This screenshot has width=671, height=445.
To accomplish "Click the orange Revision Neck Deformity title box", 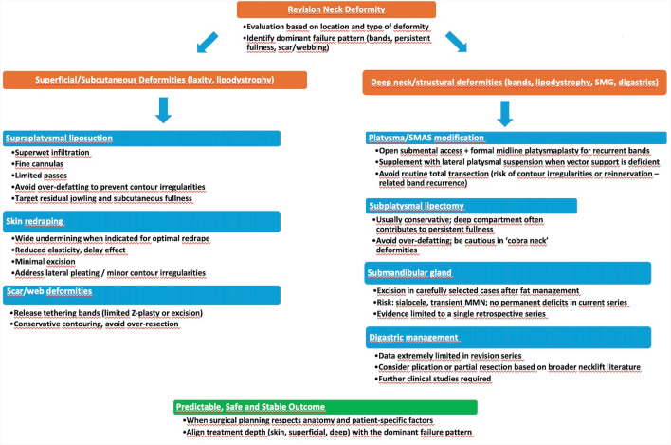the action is [x=336, y=9].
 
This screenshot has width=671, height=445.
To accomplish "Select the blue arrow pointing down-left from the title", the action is [x=208, y=43].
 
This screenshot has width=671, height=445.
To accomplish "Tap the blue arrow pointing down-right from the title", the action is [x=456, y=42].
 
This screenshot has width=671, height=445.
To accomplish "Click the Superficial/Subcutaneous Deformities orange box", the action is [x=154, y=80].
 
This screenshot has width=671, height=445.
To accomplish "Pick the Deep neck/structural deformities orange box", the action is [x=515, y=83].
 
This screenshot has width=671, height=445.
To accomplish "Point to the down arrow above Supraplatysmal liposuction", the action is [x=163, y=110].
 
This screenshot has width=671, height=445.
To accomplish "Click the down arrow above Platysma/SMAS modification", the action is [x=505, y=114].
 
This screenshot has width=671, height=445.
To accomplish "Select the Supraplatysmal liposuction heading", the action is [x=141, y=139].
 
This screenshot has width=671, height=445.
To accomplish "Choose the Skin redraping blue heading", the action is [x=141, y=221].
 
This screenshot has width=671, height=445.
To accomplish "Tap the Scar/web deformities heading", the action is [x=141, y=294].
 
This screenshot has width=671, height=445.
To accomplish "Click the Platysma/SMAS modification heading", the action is [x=517, y=138].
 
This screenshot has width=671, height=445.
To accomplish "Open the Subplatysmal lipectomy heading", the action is [x=471, y=206].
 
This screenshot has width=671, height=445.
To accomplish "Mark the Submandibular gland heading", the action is [x=508, y=273].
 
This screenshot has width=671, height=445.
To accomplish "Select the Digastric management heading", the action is [x=508, y=338].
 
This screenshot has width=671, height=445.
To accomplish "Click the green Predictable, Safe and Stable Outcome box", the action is [x=325, y=407].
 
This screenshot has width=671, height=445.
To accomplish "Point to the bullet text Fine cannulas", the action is [x=38, y=164].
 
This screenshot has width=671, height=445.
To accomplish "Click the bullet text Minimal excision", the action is [x=44, y=262].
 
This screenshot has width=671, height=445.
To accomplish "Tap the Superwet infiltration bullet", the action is [x=50, y=153].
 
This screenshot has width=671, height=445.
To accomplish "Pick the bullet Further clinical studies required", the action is [x=433, y=379].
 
